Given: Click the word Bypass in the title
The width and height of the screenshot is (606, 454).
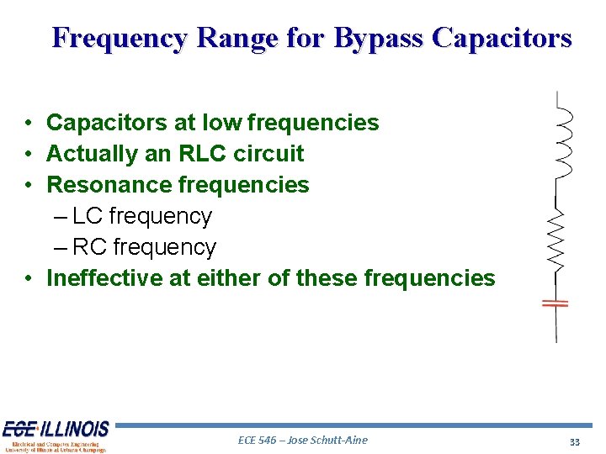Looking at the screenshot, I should pyautogui.click(x=379, y=39).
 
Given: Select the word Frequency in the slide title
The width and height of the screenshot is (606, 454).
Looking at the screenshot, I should pyautogui.click(x=119, y=39).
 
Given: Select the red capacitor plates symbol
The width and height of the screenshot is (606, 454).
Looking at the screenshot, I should pyautogui.click(x=555, y=304).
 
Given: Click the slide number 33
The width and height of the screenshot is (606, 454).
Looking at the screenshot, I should pyautogui.click(x=574, y=442).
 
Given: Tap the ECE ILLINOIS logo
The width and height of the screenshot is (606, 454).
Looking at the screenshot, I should pyautogui.click(x=55, y=436).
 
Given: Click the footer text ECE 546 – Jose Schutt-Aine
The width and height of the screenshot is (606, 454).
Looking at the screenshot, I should pyautogui.click(x=303, y=440).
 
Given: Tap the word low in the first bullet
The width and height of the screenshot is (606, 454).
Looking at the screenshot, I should pyautogui.click(x=221, y=123).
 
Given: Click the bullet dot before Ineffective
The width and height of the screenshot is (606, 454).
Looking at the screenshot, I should pyautogui.click(x=29, y=279).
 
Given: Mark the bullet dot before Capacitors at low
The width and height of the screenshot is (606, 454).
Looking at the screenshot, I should pyautogui.click(x=29, y=124).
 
